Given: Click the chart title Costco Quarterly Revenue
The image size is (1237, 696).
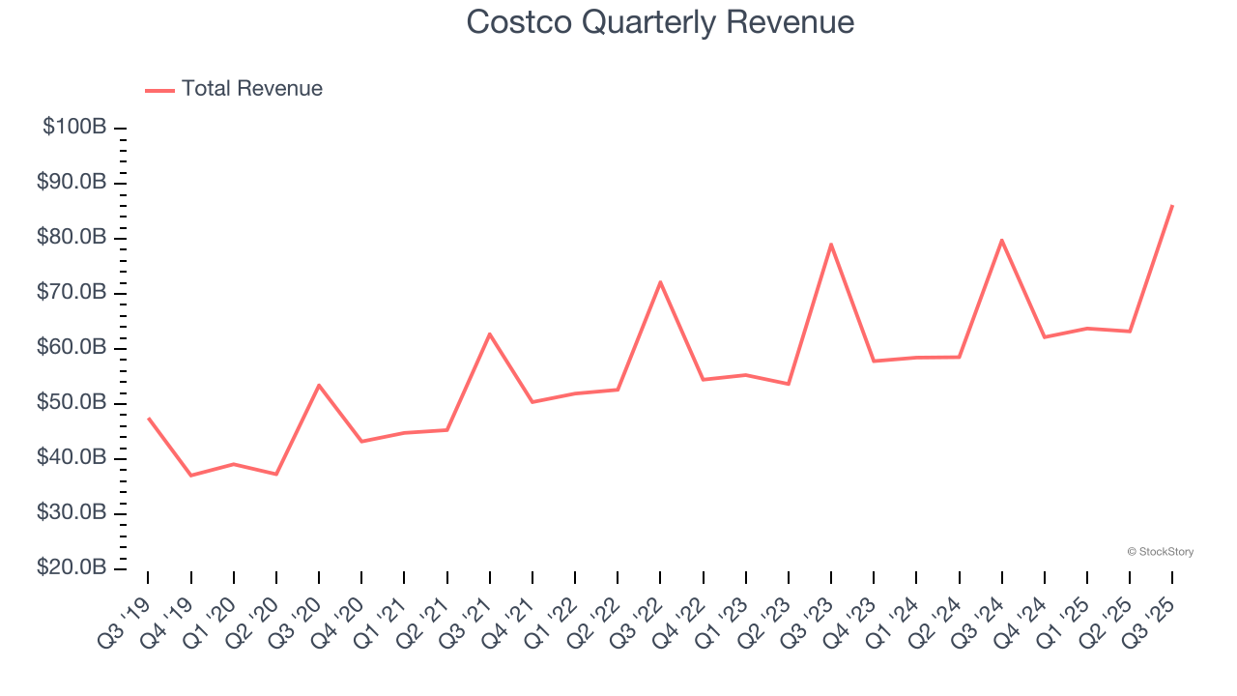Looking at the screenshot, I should pyautogui.click(x=660, y=22).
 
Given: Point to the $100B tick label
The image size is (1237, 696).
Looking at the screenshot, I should pyautogui.click(x=74, y=127).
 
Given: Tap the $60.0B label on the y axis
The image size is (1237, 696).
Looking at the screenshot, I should pyautogui.click(x=72, y=347).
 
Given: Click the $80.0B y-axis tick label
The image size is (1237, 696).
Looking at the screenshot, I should pyautogui.click(x=72, y=237).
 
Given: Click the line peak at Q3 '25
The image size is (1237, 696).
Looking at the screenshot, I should pyautogui.click(x=1172, y=205).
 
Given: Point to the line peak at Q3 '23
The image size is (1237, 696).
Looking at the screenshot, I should pyautogui.click(x=831, y=244).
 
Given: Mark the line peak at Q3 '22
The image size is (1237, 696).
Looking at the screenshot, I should pyautogui.click(x=660, y=281).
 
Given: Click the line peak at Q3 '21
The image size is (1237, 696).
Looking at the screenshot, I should pyautogui.click(x=490, y=333).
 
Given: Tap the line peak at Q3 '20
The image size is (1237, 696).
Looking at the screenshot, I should pyautogui.click(x=319, y=385).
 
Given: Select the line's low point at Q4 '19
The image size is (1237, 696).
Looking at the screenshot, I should pyautogui.click(x=190, y=476).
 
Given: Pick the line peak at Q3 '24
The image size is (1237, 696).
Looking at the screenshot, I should pyautogui.click(x=1002, y=240).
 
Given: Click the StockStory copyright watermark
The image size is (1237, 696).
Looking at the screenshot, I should pyautogui.click(x=1160, y=552).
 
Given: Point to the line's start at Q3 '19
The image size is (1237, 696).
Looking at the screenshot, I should pyautogui.click(x=148, y=418).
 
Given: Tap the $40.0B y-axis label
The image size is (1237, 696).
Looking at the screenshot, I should pyautogui.click(x=72, y=457).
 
